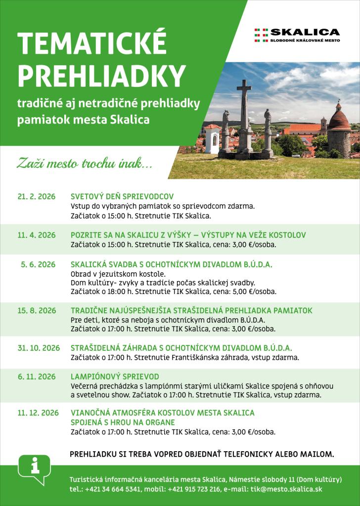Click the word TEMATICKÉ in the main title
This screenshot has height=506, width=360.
91,45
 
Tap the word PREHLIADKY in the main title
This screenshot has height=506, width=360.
101,76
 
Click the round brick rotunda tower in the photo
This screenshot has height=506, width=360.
339,131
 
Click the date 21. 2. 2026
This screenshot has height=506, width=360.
37,196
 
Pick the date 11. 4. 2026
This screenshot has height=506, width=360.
37,235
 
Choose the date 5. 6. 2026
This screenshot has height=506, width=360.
38,265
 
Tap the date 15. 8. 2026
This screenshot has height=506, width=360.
37,311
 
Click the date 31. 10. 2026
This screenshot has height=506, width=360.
39,348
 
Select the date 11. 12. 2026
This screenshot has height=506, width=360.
38,413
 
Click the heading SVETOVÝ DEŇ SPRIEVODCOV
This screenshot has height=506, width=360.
122,196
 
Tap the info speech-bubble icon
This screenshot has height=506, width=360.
34,468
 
